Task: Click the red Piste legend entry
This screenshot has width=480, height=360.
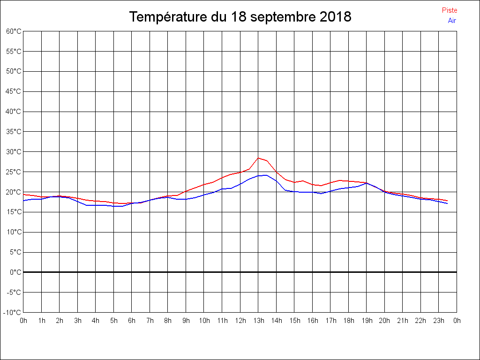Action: pyautogui.click(x=449, y=10)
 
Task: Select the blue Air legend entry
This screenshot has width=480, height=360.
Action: pyautogui.click(x=452, y=21)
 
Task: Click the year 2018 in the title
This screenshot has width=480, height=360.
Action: pyautogui.click(x=335, y=17)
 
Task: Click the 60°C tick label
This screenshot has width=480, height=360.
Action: pyautogui.click(x=14, y=31)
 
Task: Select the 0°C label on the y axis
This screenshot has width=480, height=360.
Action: pyautogui.click(x=15, y=272)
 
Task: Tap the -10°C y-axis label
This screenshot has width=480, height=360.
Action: pyautogui.click(x=13, y=312)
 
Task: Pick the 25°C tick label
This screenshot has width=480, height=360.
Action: pyautogui.click(x=14, y=172)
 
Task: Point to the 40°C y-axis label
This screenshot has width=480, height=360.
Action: pyautogui.click(x=14, y=112)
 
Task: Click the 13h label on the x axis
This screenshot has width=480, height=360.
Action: pyautogui.click(x=258, y=321)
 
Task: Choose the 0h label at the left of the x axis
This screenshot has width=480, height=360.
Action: pyautogui.click(x=23, y=321)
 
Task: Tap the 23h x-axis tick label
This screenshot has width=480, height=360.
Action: pyautogui.click(x=439, y=321)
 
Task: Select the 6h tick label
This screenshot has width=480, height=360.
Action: pyautogui.click(x=132, y=321)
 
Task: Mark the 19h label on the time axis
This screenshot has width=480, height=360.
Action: pyautogui.click(x=367, y=321)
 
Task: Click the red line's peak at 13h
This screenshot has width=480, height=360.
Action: pyautogui.click(x=258, y=158)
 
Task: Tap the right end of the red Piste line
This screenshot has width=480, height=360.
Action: pyautogui.click(x=447, y=201)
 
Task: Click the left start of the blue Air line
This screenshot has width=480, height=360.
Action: pyautogui.click(x=24, y=201)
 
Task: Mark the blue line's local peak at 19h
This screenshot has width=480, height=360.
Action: pyautogui.click(x=367, y=183)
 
